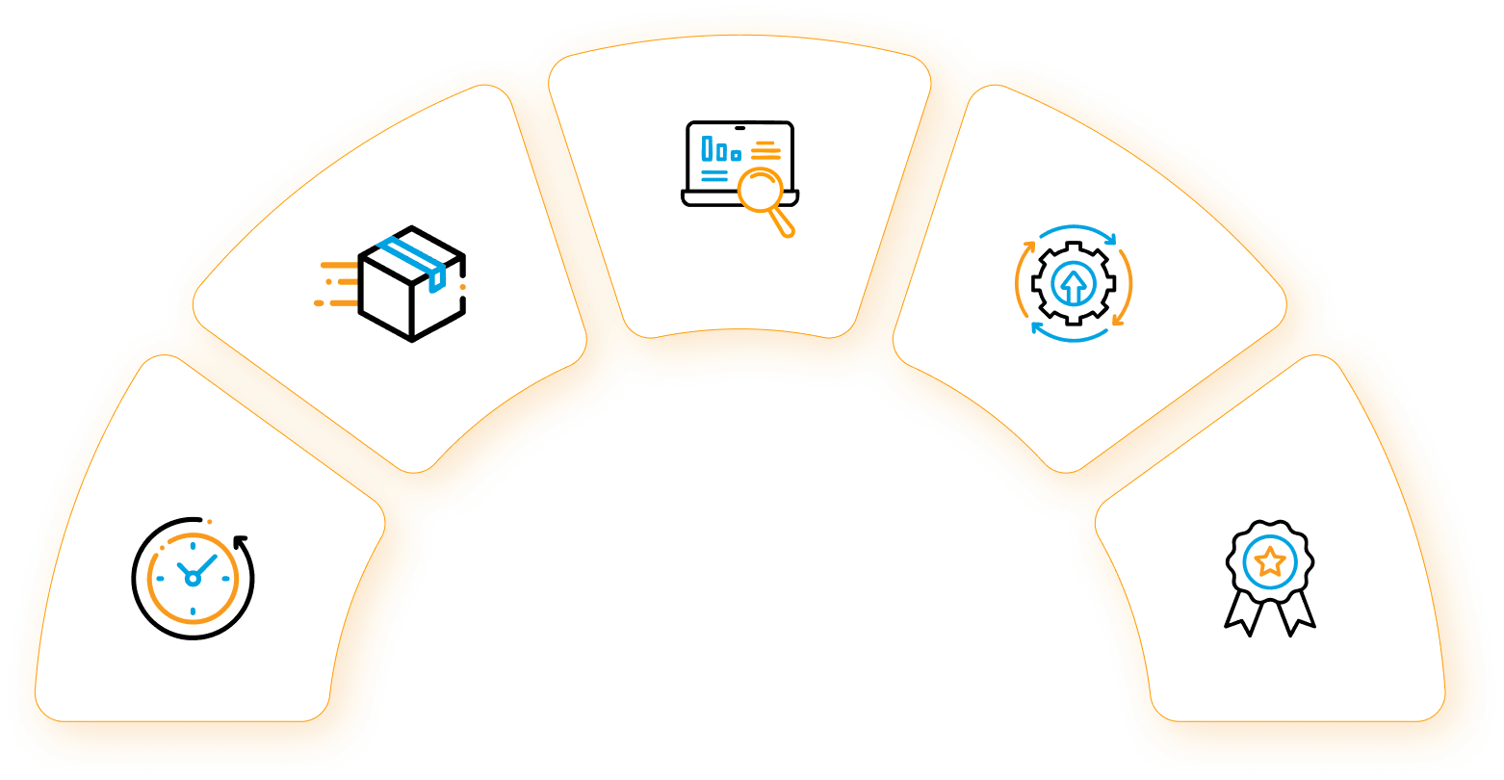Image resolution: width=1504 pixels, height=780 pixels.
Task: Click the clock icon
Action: pyautogui.click(x=193, y=578)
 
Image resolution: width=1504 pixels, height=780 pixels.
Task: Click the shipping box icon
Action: pyautogui.click(x=411, y=283)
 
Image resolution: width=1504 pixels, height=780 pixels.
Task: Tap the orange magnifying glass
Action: pyautogui.click(x=763, y=189)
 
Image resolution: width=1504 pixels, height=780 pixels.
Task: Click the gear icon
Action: pyautogui.click(x=1073, y=283)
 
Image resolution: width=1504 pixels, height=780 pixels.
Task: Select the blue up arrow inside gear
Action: pyautogui.click(x=1073, y=285)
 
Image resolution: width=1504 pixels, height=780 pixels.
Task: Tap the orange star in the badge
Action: pyautogui.click(x=1270, y=560)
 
